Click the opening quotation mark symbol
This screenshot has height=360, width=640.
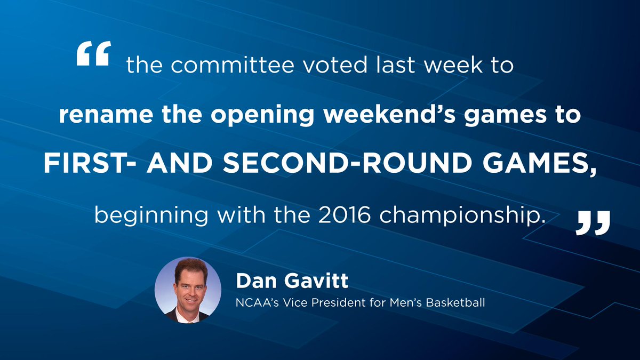tap(94, 53)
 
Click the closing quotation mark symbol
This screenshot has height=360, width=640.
tap(593, 223)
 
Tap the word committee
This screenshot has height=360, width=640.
tap(233, 65)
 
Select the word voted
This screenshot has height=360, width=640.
tap(334, 65)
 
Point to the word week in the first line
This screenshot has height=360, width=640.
tap(453, 65)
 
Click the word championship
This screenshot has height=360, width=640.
tap(460, 216)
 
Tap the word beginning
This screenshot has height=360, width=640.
tap(151, 216)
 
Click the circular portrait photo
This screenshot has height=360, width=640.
tap(188, 290)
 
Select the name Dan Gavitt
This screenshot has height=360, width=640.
tap(292, 281)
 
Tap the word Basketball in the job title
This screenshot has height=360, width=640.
tap(455, 302)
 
